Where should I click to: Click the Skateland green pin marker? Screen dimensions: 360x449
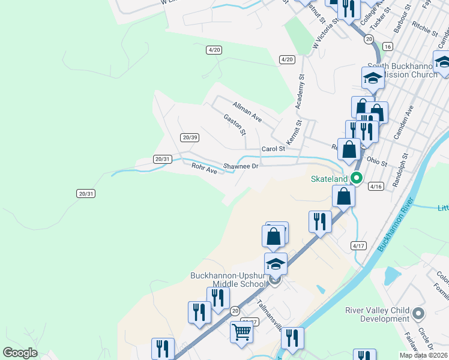(x=356, y=178)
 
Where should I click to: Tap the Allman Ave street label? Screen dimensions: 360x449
(x=248, y=112)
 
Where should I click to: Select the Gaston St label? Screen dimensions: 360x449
(x=234, y=125)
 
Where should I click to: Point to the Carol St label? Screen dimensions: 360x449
(x=273, y=149)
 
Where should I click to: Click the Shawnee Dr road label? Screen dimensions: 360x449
(x=240, y=166)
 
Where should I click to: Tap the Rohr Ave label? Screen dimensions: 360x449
(x=203, y=169)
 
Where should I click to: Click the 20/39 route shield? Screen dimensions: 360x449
(x=190, y=137)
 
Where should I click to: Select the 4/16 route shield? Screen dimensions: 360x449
(x=376, y=187)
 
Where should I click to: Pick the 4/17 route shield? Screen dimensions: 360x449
(x=358, y=245)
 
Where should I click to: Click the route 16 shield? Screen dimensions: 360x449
(x=387, y=46)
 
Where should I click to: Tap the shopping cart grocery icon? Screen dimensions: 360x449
(x=241, y=332)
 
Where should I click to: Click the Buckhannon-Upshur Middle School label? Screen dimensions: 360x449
(x=227, y=280)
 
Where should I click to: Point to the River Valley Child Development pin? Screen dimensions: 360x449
(x=419, y=313)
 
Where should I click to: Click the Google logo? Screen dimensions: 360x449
(x=20, y=353)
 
